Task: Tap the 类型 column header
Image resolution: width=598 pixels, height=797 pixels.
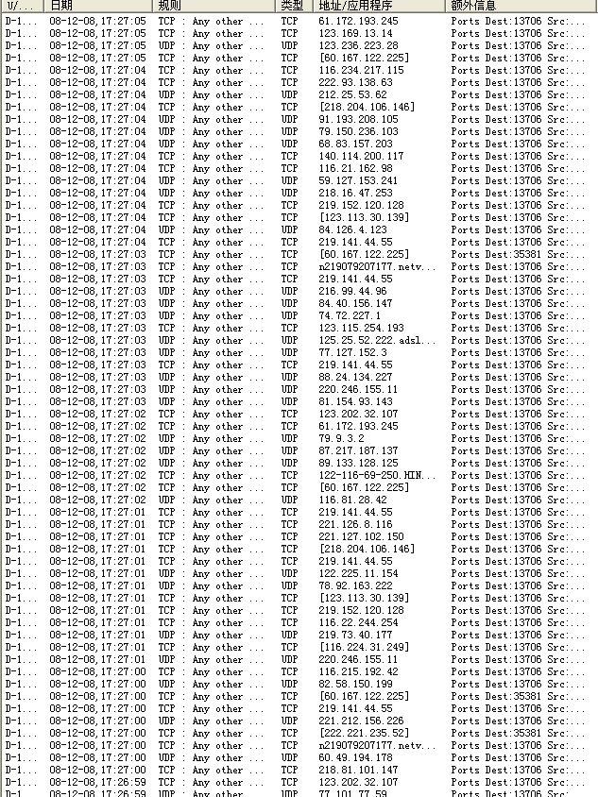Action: pos(291,6)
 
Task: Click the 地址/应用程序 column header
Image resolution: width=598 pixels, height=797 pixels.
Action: pos(354,6)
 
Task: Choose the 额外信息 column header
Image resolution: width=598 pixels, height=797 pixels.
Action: pos(473,6)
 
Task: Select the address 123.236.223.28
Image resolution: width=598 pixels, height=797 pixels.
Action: pos(358,45)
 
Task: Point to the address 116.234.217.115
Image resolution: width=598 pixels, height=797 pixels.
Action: pos(361,70)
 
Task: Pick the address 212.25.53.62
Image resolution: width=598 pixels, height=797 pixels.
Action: pos(353,94)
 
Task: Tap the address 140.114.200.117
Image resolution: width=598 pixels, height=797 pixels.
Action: pos(361,156)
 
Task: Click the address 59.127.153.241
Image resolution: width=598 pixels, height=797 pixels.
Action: pos(358,180)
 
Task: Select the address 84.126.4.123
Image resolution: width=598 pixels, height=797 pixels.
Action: pos(352,229)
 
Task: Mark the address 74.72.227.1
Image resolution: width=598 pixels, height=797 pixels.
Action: pos(350,315)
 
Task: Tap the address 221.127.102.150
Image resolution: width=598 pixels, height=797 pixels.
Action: pos(361,536)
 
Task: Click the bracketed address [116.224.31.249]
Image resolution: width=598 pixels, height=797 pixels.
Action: pos(365,647)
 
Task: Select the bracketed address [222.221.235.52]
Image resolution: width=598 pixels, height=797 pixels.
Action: pos(365,733)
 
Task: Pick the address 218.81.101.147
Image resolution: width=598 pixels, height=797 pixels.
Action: pos(358,770)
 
